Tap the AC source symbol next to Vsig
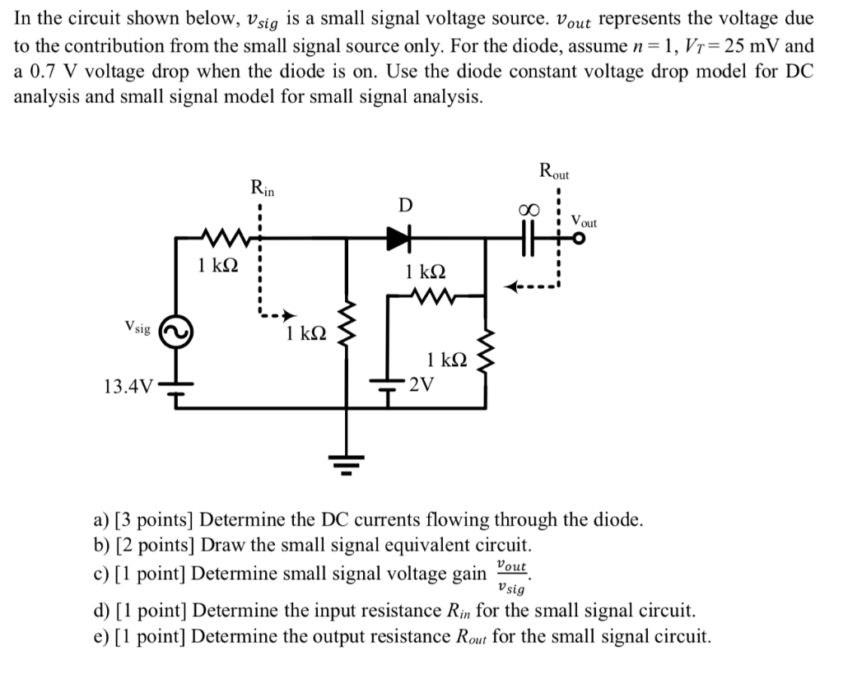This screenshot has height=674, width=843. (175, 332)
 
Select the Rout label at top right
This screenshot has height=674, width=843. (554, 173)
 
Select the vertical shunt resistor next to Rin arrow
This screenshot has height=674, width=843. (347, 333)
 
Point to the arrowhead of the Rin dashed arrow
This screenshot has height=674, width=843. (289, 316)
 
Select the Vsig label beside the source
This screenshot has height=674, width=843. (137, 328)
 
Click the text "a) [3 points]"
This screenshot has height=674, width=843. (143, 520)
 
